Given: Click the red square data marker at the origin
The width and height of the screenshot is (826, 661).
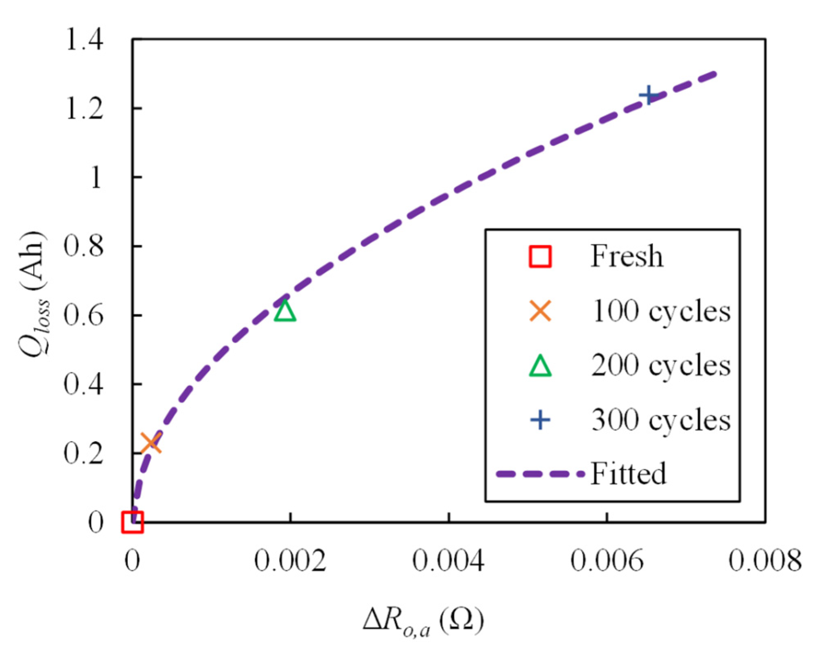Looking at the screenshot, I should [x=132, y=522].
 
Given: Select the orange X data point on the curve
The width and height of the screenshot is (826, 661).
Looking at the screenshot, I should [x=151, y=443].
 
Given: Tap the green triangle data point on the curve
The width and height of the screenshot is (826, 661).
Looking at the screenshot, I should [x=285, y=311].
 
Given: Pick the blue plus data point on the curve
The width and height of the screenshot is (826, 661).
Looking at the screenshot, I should [x=649, y=96].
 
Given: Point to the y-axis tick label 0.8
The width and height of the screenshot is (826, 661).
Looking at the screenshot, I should [x=83, y=246].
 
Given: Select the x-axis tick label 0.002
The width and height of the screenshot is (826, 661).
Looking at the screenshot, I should [x=290, y=561].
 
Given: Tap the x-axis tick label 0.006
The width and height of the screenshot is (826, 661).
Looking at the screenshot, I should [x=607, y=561].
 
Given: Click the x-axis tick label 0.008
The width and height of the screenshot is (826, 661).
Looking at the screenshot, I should [x=765, y=561].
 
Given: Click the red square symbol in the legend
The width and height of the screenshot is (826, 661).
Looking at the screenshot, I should [x=540, y=257].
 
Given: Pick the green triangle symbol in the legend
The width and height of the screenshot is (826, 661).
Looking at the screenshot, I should [x=540, y=366].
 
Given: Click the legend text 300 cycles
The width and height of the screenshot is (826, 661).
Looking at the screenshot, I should [x=660, y=420].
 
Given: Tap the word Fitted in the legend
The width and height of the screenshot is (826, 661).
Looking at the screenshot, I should [x=628, y=473].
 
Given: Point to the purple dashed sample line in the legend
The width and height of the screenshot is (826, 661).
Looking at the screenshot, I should [x=540, y=474].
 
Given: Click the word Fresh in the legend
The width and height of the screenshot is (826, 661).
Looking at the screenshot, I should [x=627, y=256].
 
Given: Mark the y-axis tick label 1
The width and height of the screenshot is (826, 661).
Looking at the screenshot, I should [x=96, y=178].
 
